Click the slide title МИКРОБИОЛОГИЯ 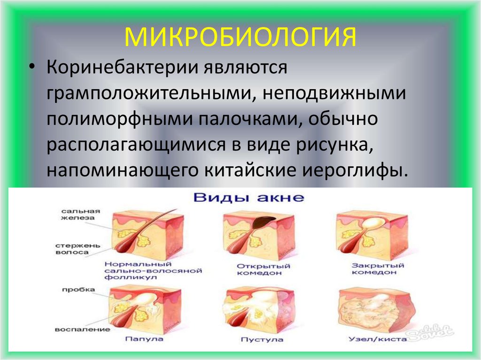240,37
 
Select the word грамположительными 150,93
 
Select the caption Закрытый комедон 372,269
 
